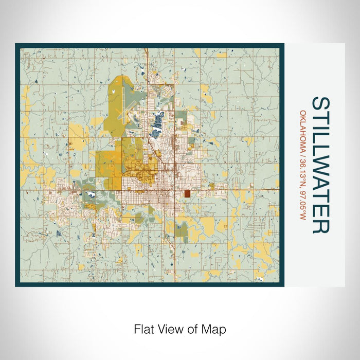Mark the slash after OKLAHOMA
[303, 151]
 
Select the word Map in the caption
[215, 329]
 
